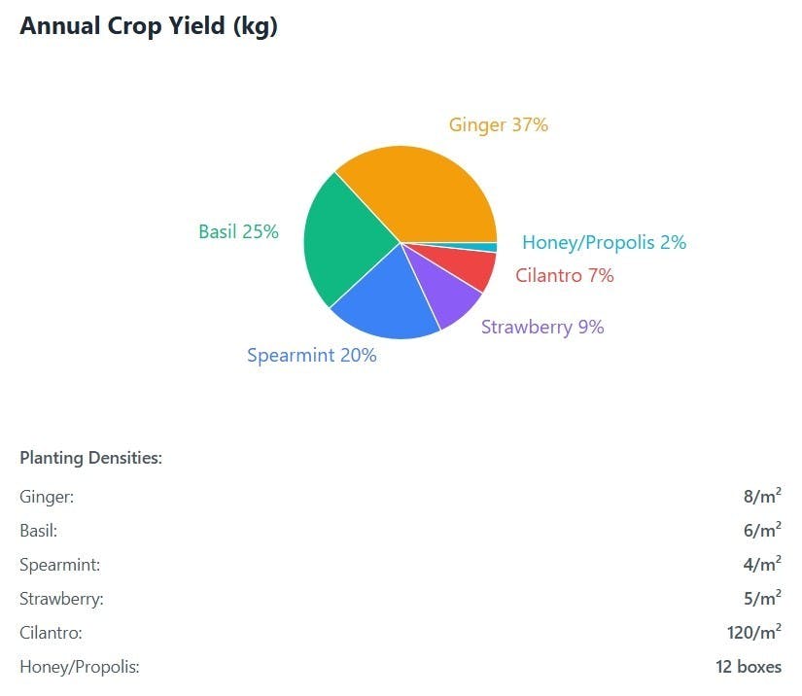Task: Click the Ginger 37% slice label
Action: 498,125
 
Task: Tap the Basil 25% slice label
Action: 238,232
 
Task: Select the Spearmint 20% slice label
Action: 311,356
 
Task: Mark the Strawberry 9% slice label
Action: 542,328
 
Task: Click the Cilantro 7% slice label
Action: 565,276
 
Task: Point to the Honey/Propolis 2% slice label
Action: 604,243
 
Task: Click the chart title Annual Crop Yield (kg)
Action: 149,26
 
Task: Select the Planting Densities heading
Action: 90,458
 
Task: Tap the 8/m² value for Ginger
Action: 762,497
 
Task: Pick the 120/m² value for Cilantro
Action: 754,633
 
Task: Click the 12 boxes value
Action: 749,667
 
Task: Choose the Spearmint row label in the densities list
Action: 60,565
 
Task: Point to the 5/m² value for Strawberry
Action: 762,599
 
